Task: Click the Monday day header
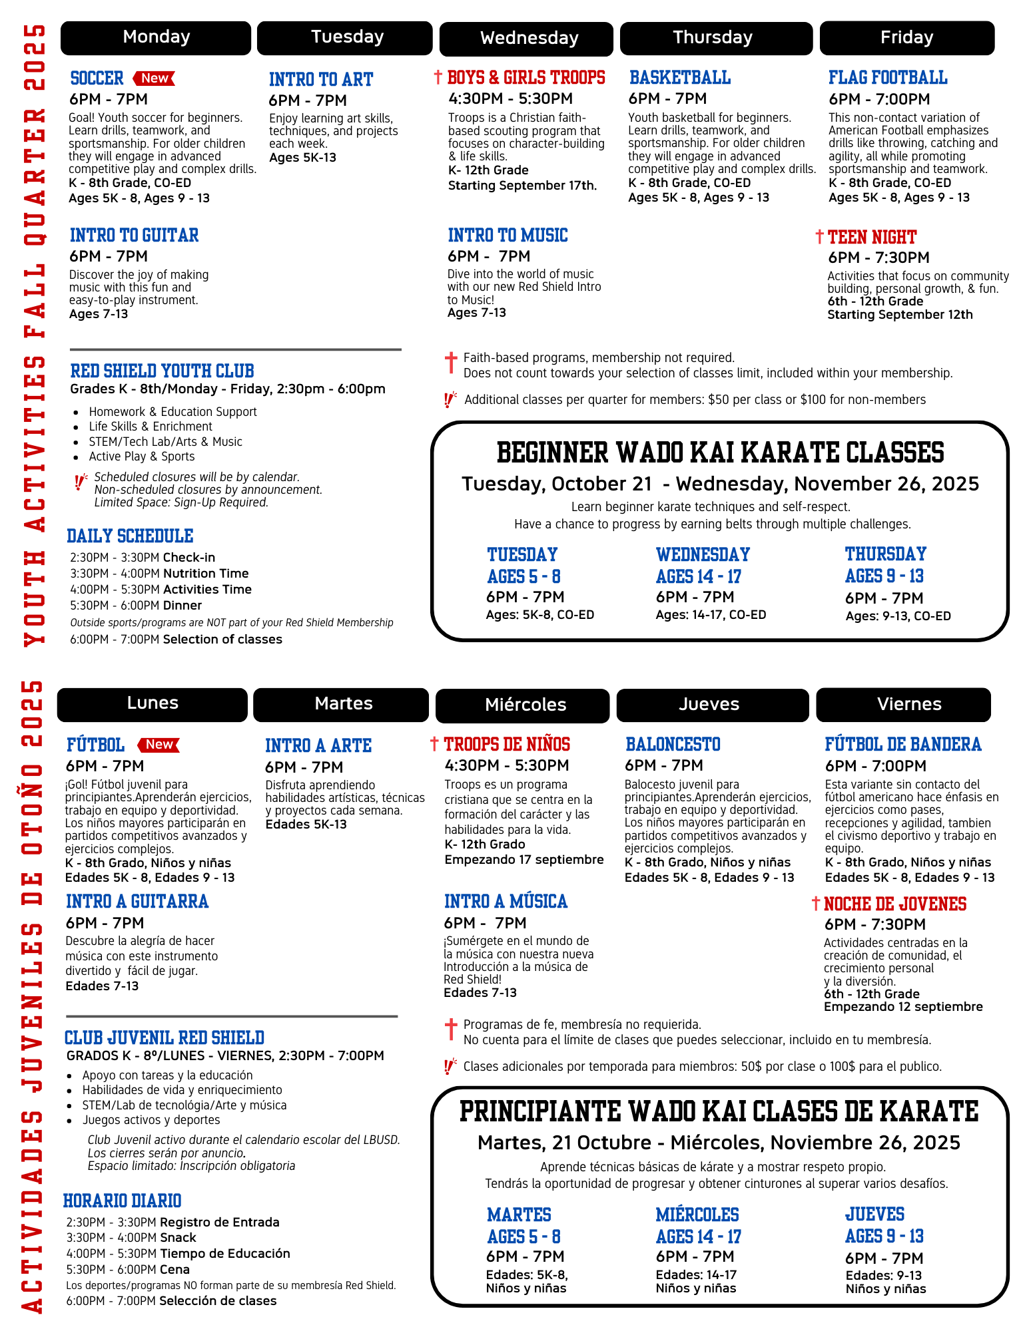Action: click(x=156, y=37)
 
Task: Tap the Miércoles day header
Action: click(x=525, y=705)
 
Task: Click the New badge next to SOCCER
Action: click(x=155, y=79)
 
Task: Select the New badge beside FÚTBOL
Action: click(x=159, y=745)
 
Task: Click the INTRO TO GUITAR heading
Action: click(x=134, y=236)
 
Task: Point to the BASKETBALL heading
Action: click(x=680, y=78)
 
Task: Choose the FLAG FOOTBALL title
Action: click(x=888, y=78)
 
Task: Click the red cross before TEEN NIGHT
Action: click(x=819, y=237)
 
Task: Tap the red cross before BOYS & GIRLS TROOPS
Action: click(x=438, y=77)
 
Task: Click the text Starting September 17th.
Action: click(x=522, y=186)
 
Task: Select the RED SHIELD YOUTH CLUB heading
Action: click(x=162, y=371)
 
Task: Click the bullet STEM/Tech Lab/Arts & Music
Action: click(x=165, y=442)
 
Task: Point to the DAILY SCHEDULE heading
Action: click(x=130, y=536)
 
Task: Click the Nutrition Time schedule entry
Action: click(x=205, y=574)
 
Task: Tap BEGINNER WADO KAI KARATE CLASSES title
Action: click(x=720, y=453)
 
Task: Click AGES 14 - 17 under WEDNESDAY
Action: click(x=698, y=576)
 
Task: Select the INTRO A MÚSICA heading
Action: click(x=506, y=902)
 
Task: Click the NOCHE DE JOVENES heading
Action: click(x=894, y=904)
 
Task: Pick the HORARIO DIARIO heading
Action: click(x=122, y=1201)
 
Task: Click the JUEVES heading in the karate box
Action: click(x=874, y=1215)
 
